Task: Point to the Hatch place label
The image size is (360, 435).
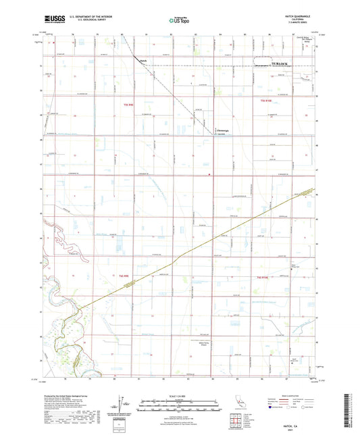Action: (x=143, y=61)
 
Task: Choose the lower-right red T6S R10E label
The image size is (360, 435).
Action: (x=264, y=278)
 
